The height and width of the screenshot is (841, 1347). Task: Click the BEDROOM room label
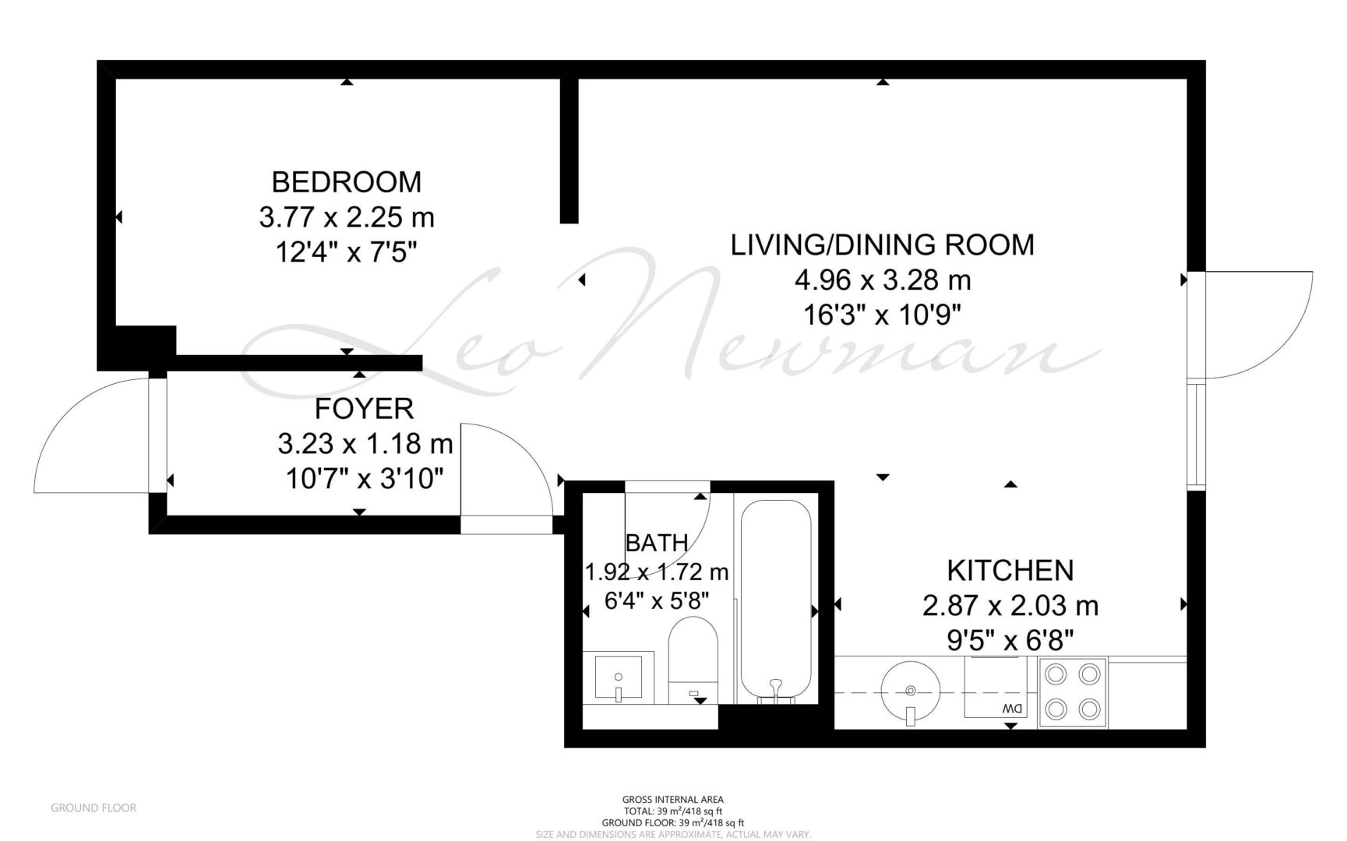pyautogui.click(x=347, y=181)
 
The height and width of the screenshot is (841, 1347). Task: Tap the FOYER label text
pyautogui.click(x=364, y=408)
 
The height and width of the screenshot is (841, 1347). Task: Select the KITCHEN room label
pyautogui.click(x=1010, y=570)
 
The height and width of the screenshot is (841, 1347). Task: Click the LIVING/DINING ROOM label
pyautogui.click(x=883, y=245)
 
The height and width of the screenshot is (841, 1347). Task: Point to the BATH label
pyautogui.click(x=657, y=542)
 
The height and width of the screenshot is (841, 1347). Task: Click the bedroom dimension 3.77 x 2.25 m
pyautogui.click(x=347, y=216)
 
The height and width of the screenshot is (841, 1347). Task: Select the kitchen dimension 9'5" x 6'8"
pyautogui.click(x=1010, y=640)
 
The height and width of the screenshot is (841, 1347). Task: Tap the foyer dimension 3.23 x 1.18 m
pyautogui.click(x=365, y=444)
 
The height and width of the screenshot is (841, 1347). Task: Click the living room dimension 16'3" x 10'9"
pyautogui.click(x=883, y=315)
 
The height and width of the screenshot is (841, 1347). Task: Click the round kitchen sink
pyautogui.click(x=911, y=690)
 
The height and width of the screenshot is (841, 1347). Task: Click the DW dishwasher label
pyautogui.click(x=1011, y=709)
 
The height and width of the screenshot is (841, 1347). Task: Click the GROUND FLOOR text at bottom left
pyautogui.click(x=93, y=808)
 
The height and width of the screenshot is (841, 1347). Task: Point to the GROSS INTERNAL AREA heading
pyautogui.click(x=673, y=799)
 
